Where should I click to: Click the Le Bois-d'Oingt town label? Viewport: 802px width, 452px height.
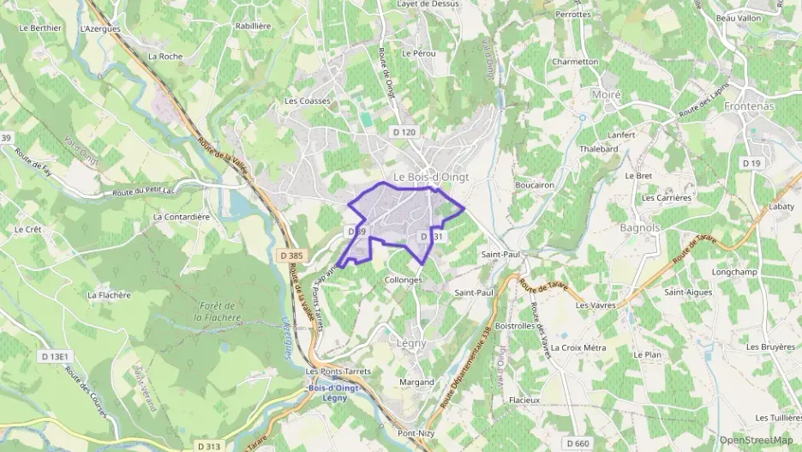click(430, 177)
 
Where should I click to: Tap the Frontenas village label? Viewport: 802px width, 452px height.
click(750, 105)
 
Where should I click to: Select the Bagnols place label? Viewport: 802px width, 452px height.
click(640, 228)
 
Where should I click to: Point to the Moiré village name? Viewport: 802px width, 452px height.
click(606, 93)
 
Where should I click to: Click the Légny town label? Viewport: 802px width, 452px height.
click(411, 343)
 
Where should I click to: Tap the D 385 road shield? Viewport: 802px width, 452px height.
click(291, 256)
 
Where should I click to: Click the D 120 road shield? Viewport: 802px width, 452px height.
click(403, 132)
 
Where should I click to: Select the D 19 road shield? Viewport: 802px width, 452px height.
click(751, 163)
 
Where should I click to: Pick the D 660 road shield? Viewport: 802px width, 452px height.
click(578, 443)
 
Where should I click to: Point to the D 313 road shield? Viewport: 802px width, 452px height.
click(208, 446)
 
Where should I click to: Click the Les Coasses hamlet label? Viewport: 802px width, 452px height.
click(308, 101)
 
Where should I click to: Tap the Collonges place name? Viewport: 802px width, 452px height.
click(404, 280)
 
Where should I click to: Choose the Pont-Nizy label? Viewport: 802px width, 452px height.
click(417, 433)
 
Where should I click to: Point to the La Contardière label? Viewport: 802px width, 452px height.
click(181, 217)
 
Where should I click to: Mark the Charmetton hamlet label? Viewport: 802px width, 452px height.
click(575, 62)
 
